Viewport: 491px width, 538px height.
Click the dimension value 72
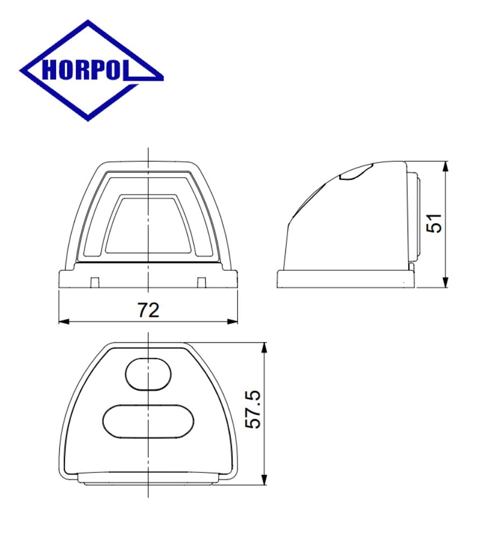149,310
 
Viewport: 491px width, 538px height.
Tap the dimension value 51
434,223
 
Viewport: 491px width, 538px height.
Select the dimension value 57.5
253,409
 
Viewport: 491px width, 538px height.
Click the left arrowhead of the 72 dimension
64,322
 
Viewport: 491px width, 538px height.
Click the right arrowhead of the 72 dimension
233,322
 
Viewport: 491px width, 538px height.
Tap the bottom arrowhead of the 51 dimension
445,282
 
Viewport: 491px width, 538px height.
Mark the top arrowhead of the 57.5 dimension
264,348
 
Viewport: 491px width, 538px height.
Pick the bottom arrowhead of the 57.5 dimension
264,479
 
